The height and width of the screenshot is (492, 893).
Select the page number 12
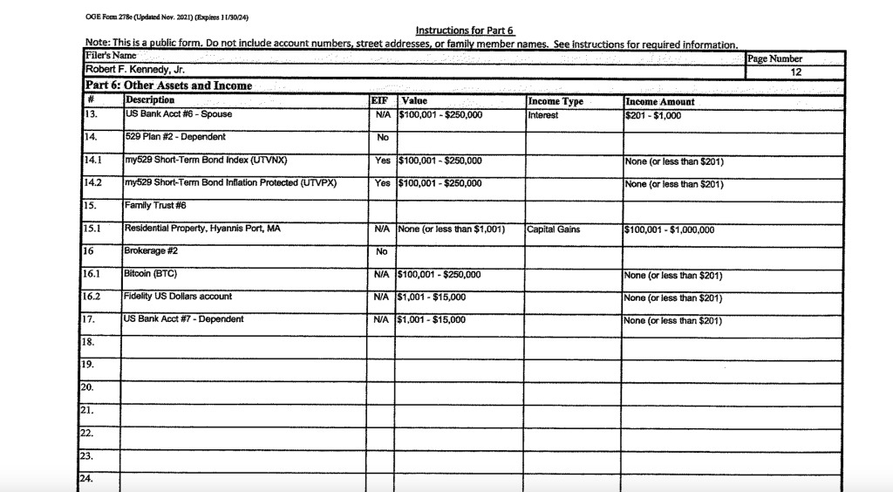click(794, 72)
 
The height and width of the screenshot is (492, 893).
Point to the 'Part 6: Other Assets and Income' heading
click(168, 85)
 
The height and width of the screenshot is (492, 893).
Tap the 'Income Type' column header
click(556, 101)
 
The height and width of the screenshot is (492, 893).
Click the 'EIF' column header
click(381, 101)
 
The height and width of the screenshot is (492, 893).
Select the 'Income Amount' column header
click(660, 102)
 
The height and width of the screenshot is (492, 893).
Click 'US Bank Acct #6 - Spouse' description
click(179, 114)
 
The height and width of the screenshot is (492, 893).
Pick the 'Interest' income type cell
click(543, 115)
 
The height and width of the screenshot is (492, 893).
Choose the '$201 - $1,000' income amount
click(654, 115)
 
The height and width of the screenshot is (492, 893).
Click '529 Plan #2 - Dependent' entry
click(175, 138)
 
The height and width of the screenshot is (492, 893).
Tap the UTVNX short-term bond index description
click(206, 161)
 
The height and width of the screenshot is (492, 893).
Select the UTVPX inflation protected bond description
click(230, 183)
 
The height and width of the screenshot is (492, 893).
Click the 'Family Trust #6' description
click(156, 206)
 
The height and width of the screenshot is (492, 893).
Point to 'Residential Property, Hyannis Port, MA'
click(202, 229)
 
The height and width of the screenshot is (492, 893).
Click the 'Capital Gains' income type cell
click(554, 229)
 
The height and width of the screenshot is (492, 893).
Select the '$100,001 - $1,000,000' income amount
click(670, 230)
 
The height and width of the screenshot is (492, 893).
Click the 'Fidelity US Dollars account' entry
click(179, 297)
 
